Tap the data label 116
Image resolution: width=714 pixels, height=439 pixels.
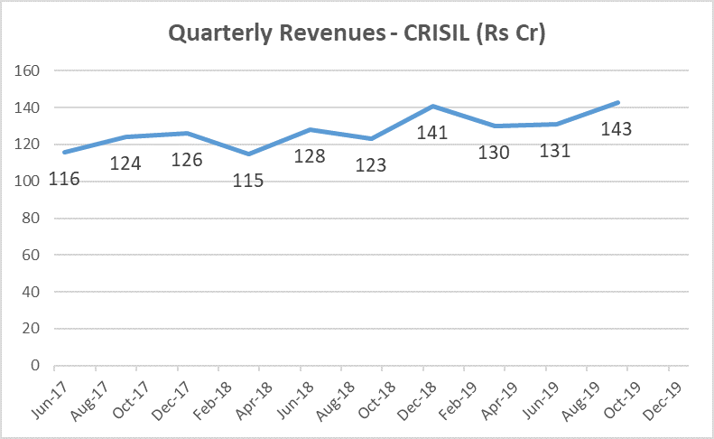click(x=63, y=179)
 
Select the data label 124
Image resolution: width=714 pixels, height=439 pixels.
click(x=125, y=164)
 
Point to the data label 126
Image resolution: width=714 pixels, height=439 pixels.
click(x=186, y=161)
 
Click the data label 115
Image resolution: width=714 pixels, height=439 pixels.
click(x=248, y=181)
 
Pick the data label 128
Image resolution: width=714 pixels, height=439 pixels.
click(x=310, y=157)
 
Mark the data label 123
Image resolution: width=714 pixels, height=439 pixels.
click(x=371, y=166)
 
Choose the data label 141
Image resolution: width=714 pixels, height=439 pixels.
click(x=434, y=132)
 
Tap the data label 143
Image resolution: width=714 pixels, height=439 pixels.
click(x=616, y=128)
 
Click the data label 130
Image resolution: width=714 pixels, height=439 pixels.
click(x=495, y=152)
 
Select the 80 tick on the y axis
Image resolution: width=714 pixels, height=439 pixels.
click(x=32, y=219)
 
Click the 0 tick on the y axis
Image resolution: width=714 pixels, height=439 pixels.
click(x=36, y=366)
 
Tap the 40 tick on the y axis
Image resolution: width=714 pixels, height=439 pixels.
click(x=32, y=293)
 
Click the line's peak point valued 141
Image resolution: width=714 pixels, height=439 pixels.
click(x=433, y=106)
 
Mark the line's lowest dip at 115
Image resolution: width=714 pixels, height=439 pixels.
click(x=248, y=154)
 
